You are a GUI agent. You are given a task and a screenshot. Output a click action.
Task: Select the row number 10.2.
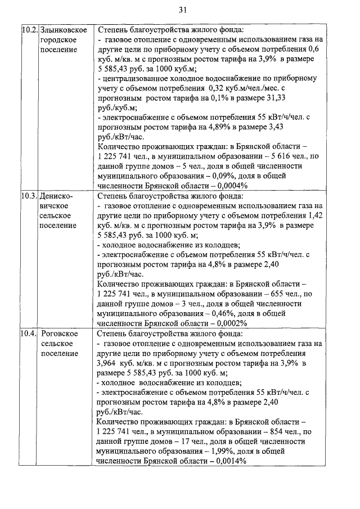tap(29, 30)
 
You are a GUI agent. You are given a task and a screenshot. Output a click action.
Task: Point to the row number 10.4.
tap(29, 334)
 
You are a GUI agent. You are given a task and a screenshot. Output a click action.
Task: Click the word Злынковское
tap(63, 30)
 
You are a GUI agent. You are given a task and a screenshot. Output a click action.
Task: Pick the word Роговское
tap(60, 334)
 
